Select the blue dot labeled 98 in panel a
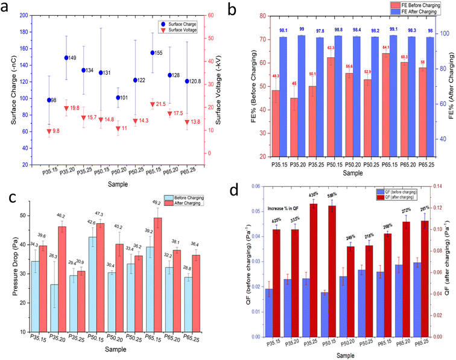(49, 100)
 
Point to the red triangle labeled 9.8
(49, 131)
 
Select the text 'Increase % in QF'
(285, 207)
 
